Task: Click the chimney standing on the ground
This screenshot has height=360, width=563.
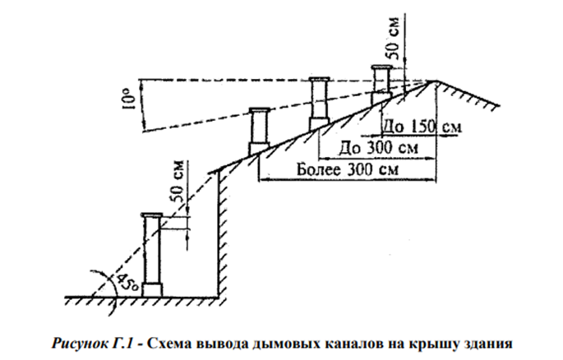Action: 152,255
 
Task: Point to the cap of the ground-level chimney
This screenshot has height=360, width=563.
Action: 152,215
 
